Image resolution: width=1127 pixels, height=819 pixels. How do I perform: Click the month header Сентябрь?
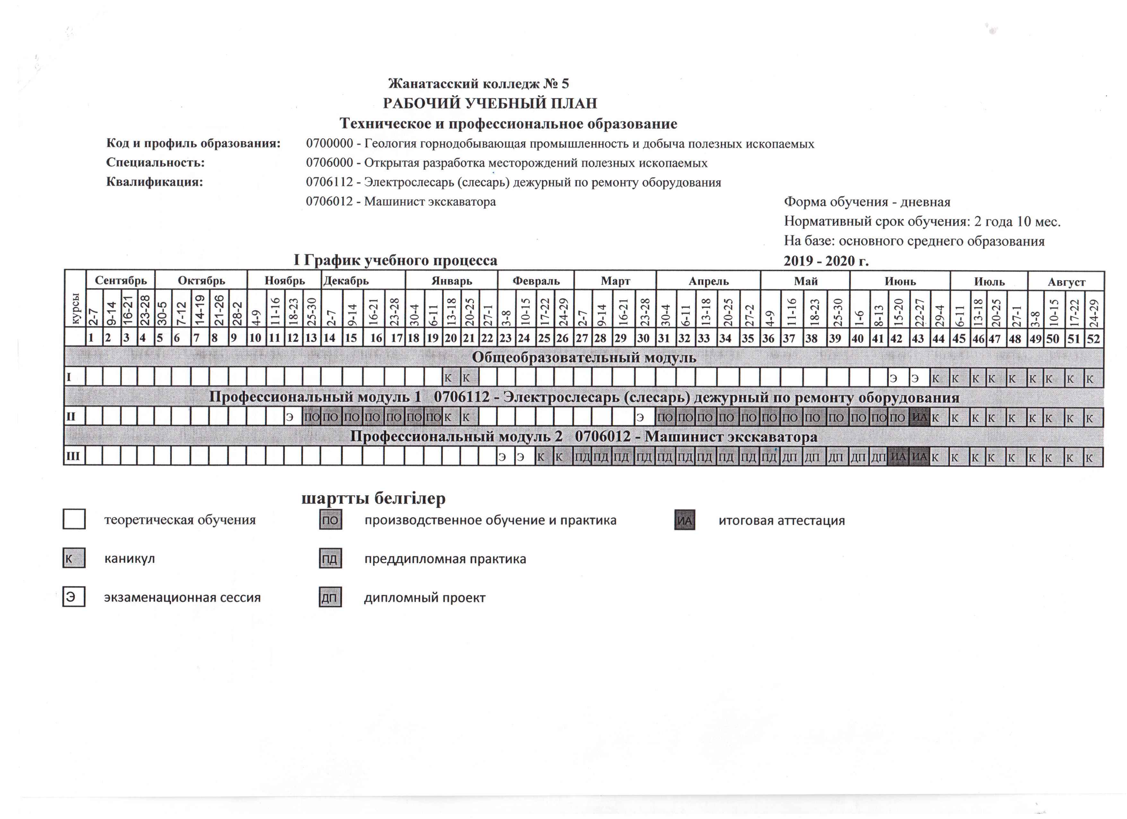(x=121, y=280)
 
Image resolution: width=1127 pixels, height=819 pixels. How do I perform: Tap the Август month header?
(x=1066, y=282)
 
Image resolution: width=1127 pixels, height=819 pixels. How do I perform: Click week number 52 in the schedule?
(x=1093, y=338)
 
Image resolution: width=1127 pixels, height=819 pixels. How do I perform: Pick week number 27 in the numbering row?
(x=581, y=338)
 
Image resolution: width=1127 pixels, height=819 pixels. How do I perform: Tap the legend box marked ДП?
(x=330, y=598)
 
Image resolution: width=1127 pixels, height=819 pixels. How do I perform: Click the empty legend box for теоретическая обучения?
(x=74, y=520)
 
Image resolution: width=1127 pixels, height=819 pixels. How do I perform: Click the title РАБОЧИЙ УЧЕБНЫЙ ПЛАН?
(x=489, y=103)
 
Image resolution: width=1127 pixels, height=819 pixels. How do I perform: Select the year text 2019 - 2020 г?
(x=826, y=261)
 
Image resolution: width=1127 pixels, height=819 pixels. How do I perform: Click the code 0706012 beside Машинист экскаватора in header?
(x=329, y=202)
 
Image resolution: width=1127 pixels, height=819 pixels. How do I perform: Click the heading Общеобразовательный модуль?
(x=583, y=358)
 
